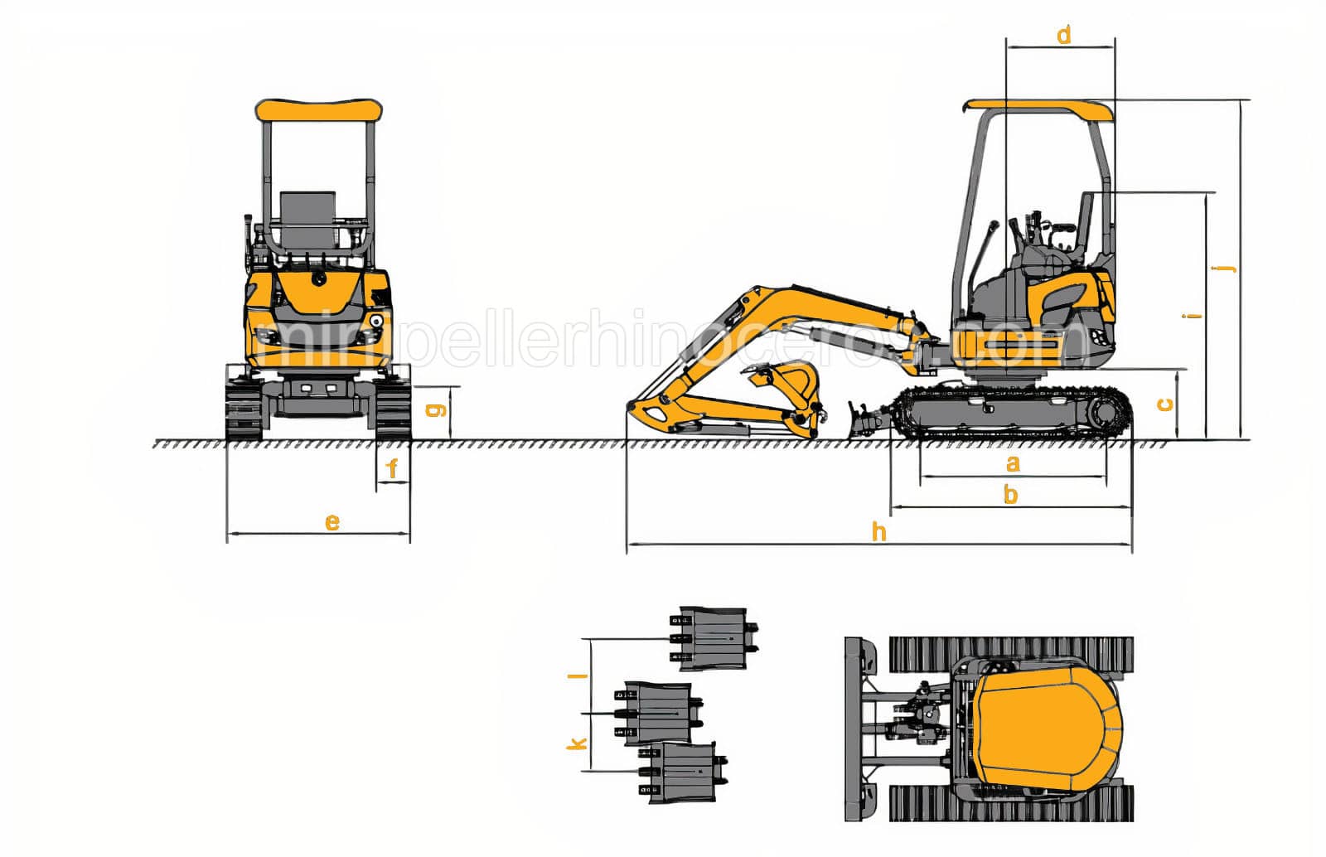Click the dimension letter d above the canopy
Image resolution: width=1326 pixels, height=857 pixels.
tap(1064, 35)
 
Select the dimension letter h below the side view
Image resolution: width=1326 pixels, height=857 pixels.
tap(878, 531)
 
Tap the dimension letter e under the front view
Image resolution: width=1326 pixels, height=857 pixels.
tap(331, 521)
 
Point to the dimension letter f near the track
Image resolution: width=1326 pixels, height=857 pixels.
tap(393, 469)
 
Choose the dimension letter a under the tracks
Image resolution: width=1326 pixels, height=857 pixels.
tap(1012, 462)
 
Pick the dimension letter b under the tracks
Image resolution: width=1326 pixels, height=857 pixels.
tap(1010, 494)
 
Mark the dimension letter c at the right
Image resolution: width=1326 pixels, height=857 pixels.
tap(1164, 404)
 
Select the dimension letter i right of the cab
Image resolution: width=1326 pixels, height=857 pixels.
tap(1193, 316)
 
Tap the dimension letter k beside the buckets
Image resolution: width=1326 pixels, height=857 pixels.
tap(577, 743)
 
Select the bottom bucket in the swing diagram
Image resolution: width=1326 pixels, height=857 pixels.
tap(682, 772)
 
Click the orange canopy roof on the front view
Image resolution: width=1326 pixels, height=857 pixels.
tap(318, 110)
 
